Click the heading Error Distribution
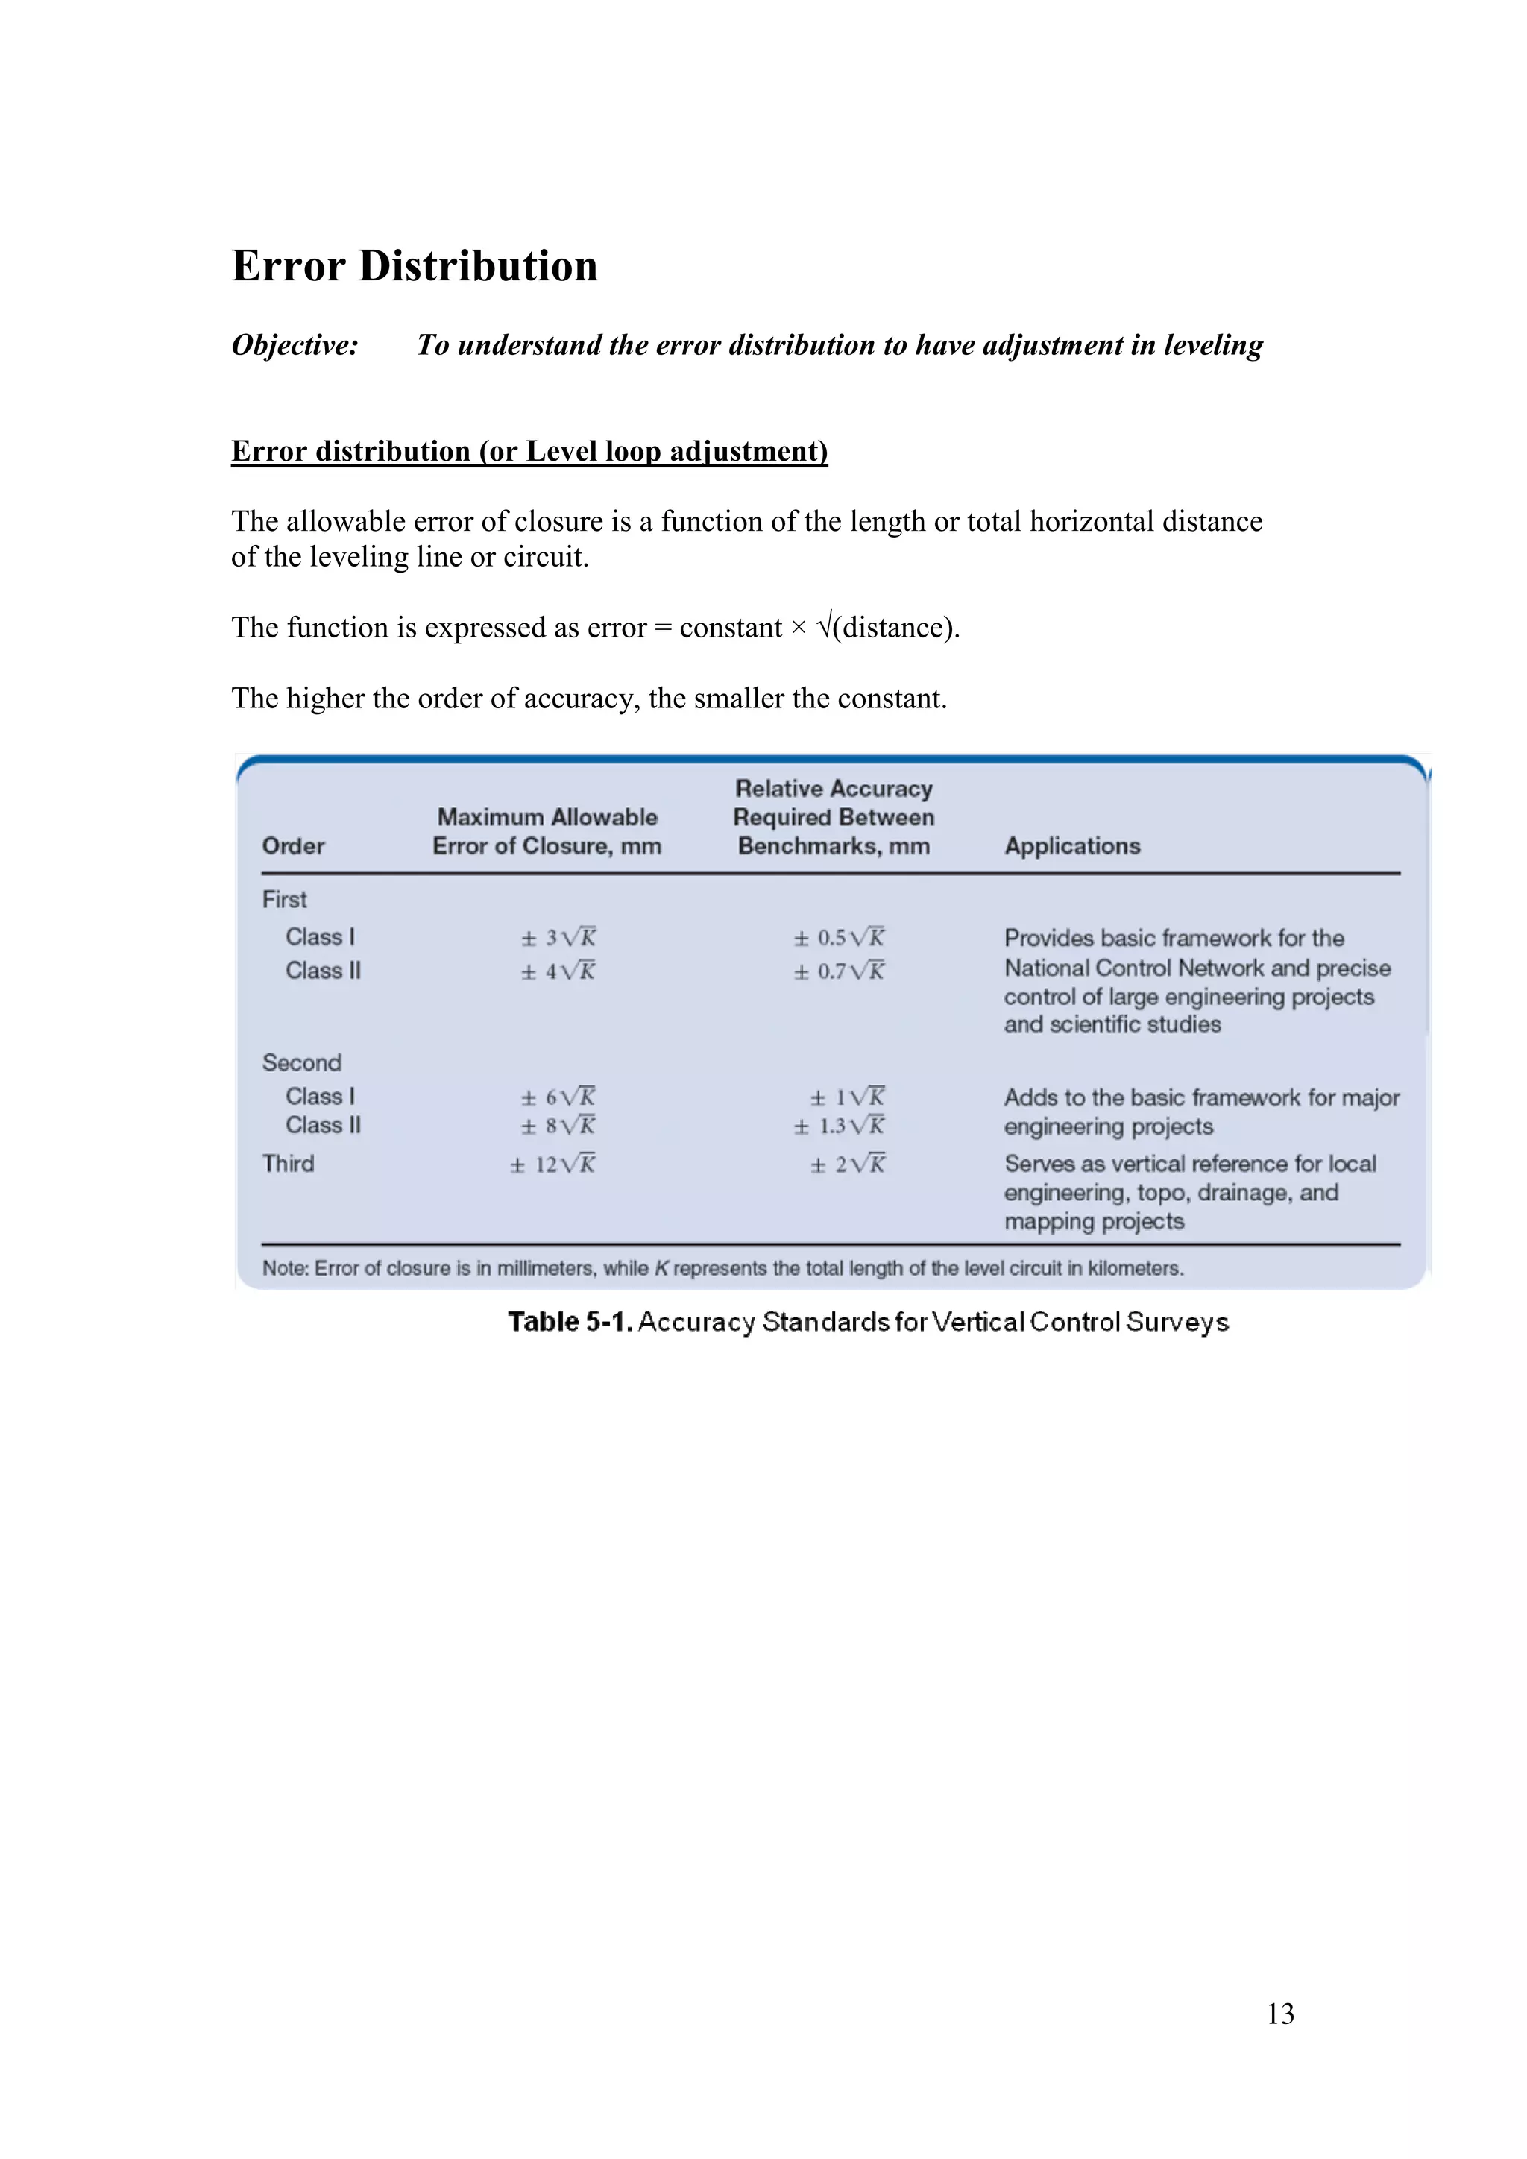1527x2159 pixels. click(x=415, y=266)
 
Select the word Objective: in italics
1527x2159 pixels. click(x=295, y=345)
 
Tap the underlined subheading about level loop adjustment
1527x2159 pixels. click(x=529, y=451)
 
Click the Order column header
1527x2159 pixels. click(x=293, y=846)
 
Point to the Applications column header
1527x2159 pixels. click(x=1072, y=846)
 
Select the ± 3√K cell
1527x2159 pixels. click(x=558, y=938)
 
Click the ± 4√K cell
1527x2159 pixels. click(x=558, y=971)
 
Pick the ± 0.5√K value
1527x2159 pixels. click(x=839, y=938)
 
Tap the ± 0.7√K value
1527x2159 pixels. click(x=839, y=971)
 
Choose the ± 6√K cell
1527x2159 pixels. click(x=558, y=1097)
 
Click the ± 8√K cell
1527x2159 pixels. click(x=558, y=1126)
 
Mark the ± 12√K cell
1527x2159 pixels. click(x=553, y=1164)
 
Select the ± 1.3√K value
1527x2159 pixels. click(x=839, y=1126)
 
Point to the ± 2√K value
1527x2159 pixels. click(x=847, y=1164)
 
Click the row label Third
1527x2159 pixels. click(x=288, y=1164)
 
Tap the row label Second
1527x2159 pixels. click(x=301, y=1062)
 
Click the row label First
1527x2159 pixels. click(x=284, y=900)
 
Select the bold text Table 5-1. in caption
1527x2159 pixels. click(x=570, y=1322)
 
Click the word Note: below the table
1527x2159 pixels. click(x=285, y=1269)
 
